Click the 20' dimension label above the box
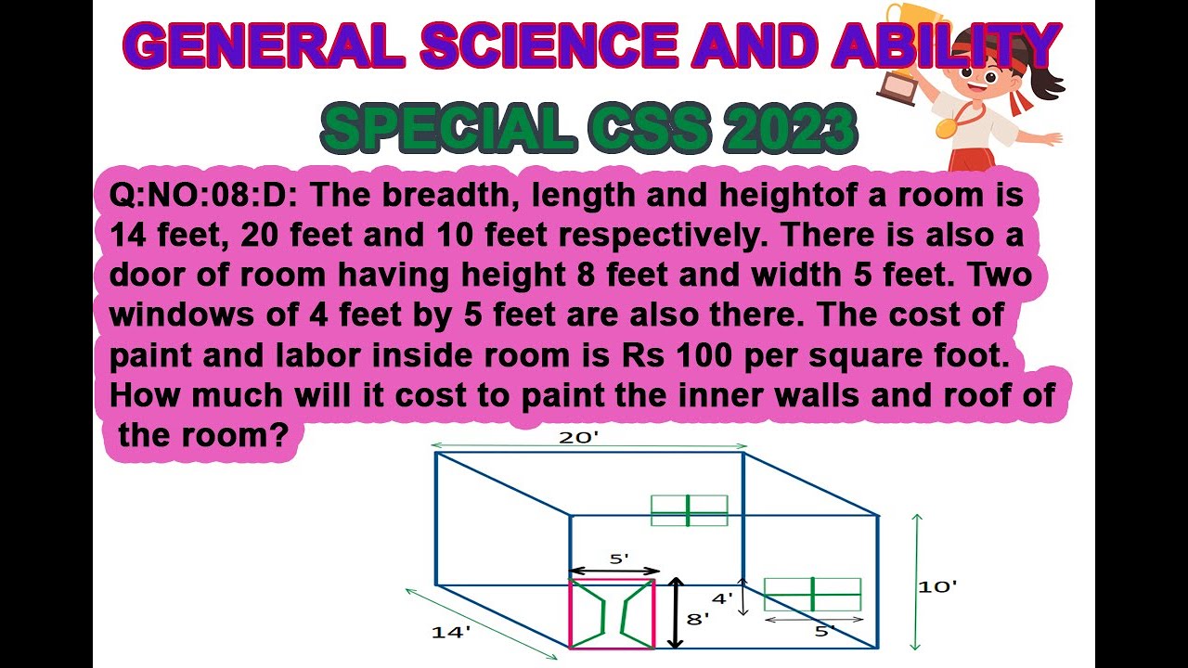(x=575, y=438)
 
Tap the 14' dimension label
(x=451, y=633)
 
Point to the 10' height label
(x=937, y=586)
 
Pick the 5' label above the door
(x=618, y=559)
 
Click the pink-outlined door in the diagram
(x=612, y=613)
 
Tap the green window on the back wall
(x=689, y=510)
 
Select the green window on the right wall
(x=812, y=594)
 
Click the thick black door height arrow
(x=677, y=613)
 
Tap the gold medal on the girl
(x=946, y=127)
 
